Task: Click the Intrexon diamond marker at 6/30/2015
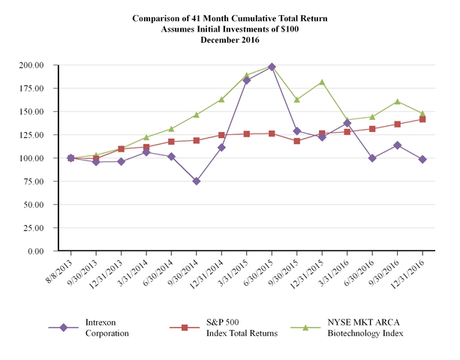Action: point(272,67)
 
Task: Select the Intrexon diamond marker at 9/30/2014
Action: point(197,181)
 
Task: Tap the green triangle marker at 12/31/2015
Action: point(322,82)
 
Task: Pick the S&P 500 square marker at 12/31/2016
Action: point(422,119)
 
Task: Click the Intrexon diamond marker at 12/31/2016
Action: point(422,159)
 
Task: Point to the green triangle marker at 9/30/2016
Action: point(398,101)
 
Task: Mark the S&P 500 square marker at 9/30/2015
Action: point(297,141)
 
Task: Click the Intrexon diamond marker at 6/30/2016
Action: point(372,158)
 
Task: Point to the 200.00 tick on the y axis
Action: point(44,65)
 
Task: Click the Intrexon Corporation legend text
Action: point(105,328)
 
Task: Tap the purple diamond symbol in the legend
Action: point(65,328)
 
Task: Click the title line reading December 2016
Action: point(230,38)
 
